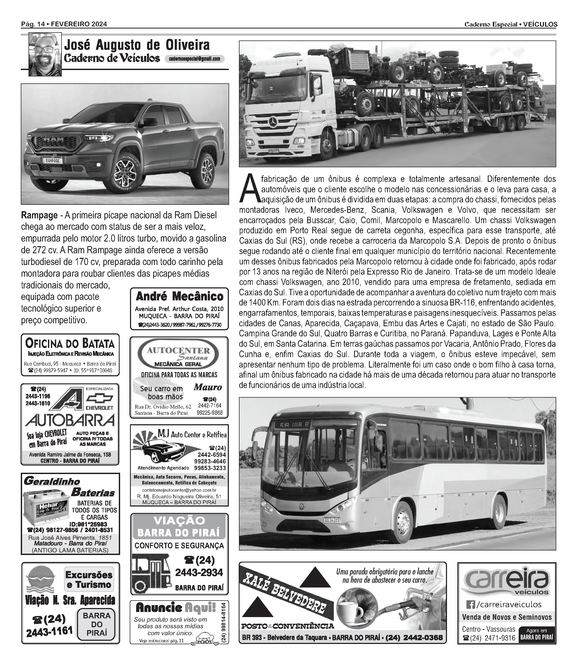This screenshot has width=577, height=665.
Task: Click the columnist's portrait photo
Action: pos(45,54)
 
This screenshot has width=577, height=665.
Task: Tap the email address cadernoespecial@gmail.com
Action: pos(194,59)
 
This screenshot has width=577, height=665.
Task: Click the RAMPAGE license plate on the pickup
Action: pos(52,160)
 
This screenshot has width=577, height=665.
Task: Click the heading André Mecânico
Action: pos(179,296)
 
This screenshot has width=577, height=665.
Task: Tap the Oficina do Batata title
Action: pos(70,344)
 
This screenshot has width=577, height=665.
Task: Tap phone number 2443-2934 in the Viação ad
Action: pos(199,573)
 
